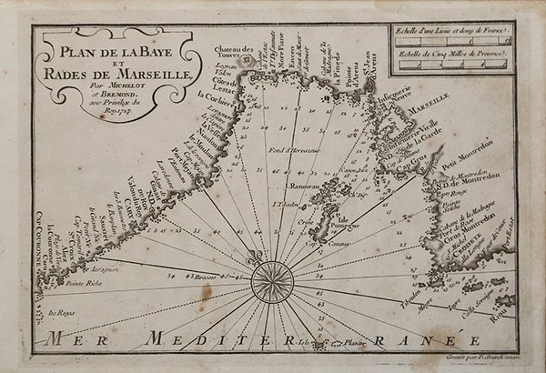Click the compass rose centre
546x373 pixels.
[270, 277]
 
